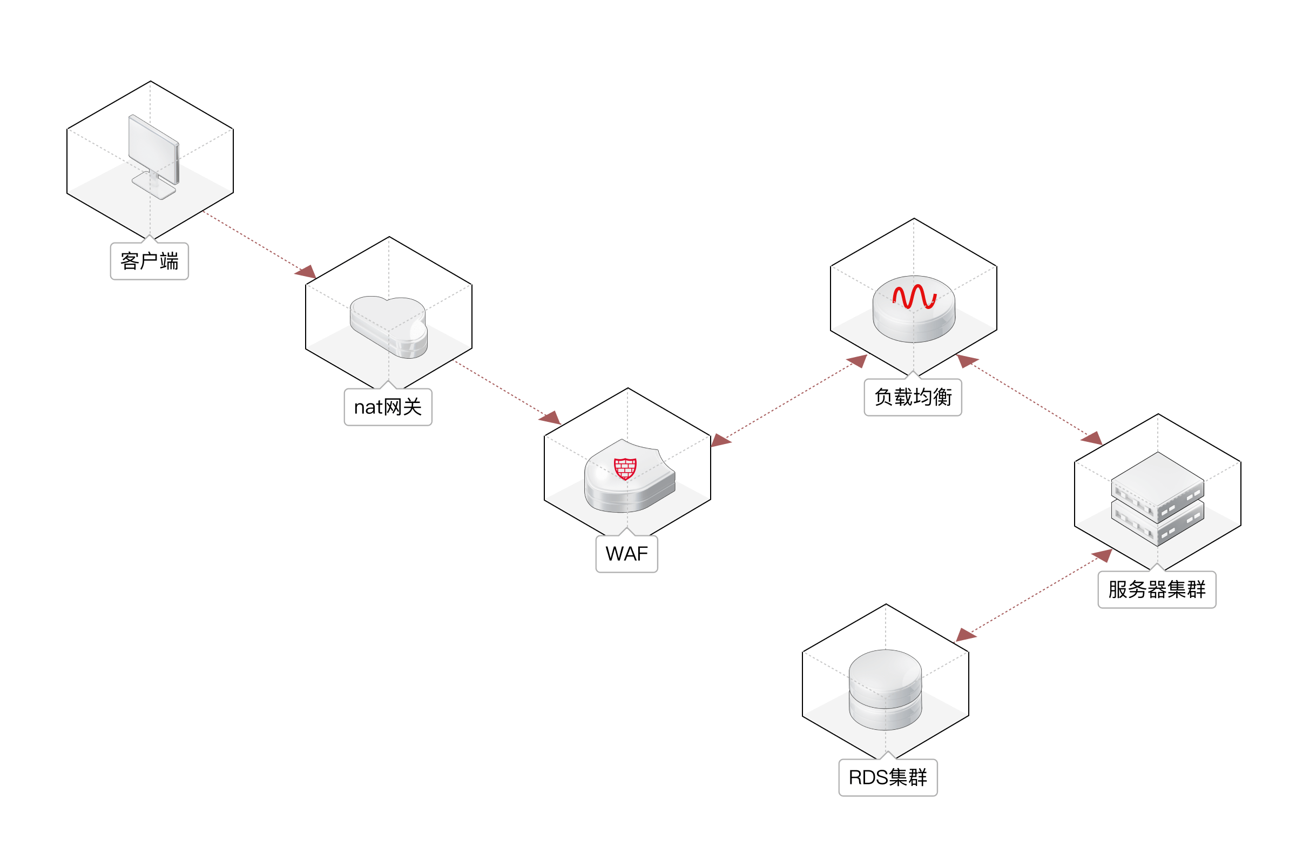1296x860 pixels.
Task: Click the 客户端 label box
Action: (149, 261)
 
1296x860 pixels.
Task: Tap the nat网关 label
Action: (388, 407)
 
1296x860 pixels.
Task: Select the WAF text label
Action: (626, 554)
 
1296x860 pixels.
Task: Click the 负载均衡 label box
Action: (913, 397)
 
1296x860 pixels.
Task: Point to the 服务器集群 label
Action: (1157, 589)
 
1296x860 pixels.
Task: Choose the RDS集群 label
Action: (888, 777)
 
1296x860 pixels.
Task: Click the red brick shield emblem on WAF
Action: (625, 468)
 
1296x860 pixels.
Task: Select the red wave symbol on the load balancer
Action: (913, 297)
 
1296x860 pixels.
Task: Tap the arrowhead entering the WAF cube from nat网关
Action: (550, 419)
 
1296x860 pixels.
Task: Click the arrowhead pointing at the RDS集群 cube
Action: (966, 636)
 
